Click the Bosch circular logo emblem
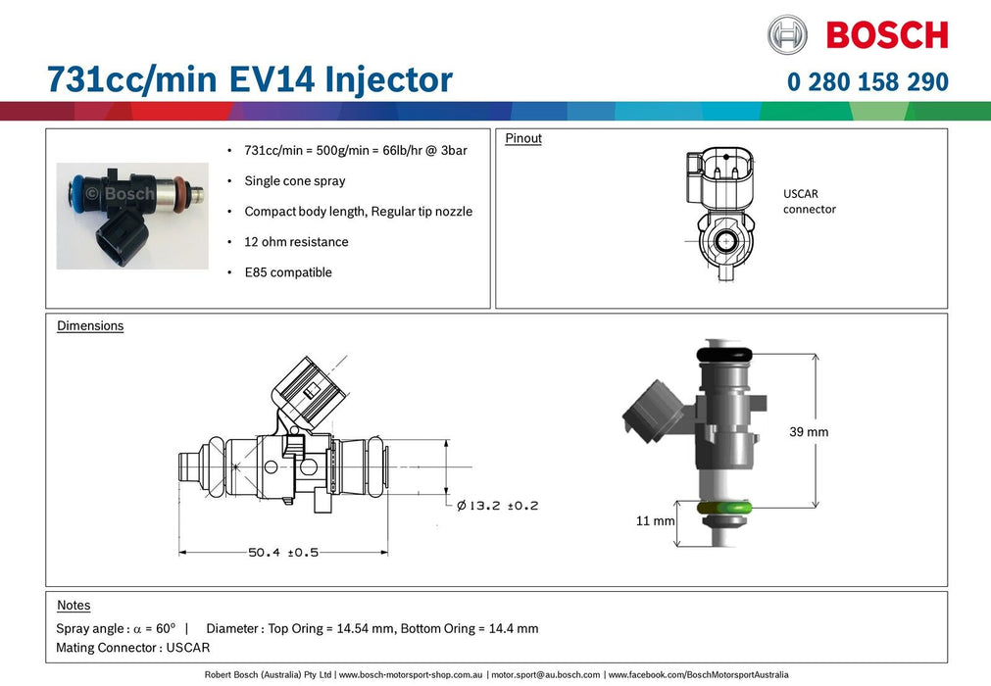pos(788,34)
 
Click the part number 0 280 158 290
pos(867,81)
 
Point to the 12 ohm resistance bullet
pos(296,242)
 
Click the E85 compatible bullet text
pos(288,272)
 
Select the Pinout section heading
pos(523,138)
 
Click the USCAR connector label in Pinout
pos(809,202)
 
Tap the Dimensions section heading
pos(90,325)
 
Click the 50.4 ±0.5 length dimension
pos(283,553)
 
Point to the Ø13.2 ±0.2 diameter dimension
pos(498,506)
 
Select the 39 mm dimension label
pos(809,431)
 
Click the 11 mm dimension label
pos(656,520)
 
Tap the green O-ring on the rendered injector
pos(724,508)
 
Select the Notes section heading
pos(74,606)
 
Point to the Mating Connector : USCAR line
pos(133,648)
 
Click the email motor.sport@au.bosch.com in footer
pos(545,675)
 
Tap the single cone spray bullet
pos(294,181)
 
